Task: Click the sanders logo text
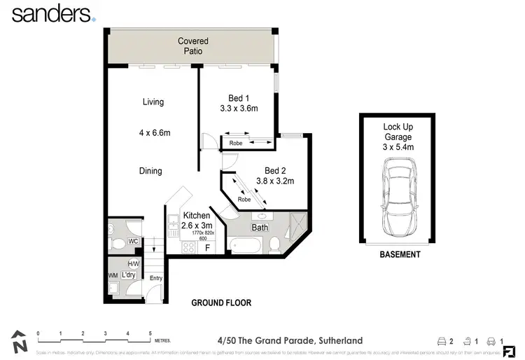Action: pyautogui.click(x=50, y=13)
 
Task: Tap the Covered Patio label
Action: pyautogui.click(x=192, y=46)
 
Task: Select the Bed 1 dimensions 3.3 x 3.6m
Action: pyautogui.click(x=239, y=109)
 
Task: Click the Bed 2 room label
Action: pyautogui.click(x=275, y=170)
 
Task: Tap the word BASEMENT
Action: pyautogui.click(x=400, y=255)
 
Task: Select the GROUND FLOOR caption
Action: pyautogui.click(x=221, y=303)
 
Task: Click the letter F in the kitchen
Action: pyautogui.click(x=206, y=247)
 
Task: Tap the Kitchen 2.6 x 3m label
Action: pyautogui.click(x=196, y=221)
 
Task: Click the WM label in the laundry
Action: pyautogui.click(x=112, y=275)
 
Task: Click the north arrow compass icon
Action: pyautogui.click(x=20, y=342)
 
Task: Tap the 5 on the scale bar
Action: pyautogui.click(x=150, y=333)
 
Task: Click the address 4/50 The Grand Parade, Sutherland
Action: pyautogui.click(x=290, y=340)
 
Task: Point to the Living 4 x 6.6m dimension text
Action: pyautogui.click(x=153, y=132)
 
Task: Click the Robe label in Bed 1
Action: pyautogui.click(x=236, y=143)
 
